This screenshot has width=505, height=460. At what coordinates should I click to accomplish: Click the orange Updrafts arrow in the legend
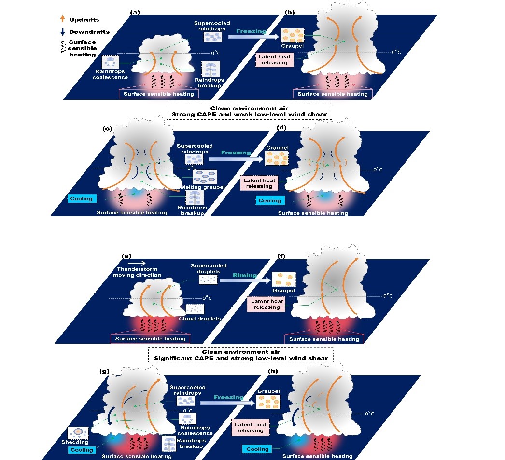[x=62, y=19]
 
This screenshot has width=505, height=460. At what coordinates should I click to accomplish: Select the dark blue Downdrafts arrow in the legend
[x=62, y=31]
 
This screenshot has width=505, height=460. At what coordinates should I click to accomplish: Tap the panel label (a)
[x=135, y=12]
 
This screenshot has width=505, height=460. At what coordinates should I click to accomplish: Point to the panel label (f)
[x=281, y=256]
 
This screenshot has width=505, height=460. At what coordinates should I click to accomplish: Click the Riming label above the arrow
[x=245, y=275]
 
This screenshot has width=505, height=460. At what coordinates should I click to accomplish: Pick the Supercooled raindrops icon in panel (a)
[x=212, y=37]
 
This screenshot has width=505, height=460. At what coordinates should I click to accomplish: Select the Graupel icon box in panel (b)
[x=293, y=35]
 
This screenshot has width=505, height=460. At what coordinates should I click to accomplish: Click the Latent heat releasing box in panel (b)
[x=274, y=59]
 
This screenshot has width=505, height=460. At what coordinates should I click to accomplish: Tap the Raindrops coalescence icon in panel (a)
[x=111, y=62]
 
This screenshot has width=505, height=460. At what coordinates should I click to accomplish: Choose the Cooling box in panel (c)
[x=82, y=198]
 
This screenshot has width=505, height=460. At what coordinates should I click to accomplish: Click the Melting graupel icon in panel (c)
[x=205, y=177]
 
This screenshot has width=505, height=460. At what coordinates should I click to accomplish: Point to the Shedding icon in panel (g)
[x=78, y=432]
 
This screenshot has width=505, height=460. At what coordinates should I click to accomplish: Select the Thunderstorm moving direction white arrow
[x=137, y=263]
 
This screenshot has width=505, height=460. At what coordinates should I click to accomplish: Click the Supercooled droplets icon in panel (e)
[x=209, y=280]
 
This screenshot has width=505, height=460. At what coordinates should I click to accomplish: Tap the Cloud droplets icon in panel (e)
[x=195, y=309]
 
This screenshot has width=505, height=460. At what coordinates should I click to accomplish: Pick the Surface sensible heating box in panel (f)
[x=324, y=339]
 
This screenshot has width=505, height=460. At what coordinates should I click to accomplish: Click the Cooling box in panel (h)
[x=257, y=449]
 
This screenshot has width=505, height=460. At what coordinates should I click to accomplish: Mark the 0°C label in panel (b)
[x=396, y=52]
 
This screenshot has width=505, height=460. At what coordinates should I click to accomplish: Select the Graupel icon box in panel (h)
[x=268, y=402]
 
